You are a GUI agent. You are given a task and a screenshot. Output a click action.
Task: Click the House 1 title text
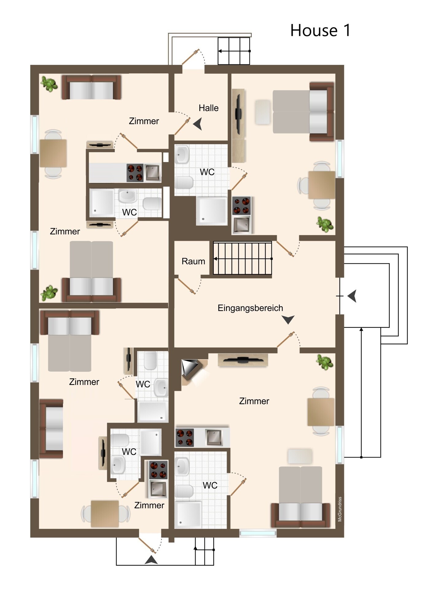tap(320, 30)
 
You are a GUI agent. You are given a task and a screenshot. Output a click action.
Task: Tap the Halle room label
tap(209, 108)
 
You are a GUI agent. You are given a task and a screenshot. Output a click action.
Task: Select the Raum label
tap(193, 261)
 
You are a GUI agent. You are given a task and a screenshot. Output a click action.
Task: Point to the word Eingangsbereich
tap(250, 308)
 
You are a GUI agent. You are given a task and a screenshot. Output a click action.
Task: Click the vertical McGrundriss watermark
tap(340, 509)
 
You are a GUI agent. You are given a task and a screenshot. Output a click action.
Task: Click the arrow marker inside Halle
tap(198, 124)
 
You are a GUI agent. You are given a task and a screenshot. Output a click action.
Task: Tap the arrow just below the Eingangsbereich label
tap(288, 320)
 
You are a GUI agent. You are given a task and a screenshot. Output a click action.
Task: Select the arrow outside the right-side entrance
tap(352, 296)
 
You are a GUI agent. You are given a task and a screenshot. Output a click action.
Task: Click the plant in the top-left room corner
tap(49, 84)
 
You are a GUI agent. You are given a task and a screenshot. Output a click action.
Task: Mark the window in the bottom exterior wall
tap(258, 533)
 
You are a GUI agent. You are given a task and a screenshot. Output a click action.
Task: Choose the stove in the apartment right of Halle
tap(242, 206)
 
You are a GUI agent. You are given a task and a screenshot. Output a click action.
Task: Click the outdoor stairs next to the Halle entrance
tap(234, 51)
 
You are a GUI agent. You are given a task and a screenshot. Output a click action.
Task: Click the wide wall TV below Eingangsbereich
tap(243, 360)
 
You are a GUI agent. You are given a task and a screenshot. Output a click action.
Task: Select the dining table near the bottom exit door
tap(105, 514)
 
